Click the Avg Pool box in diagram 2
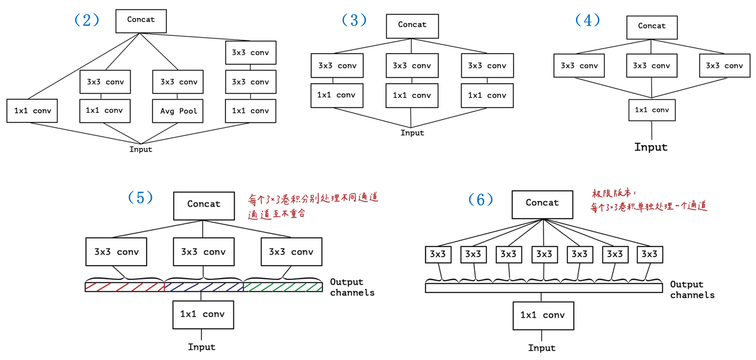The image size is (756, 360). [178, 111]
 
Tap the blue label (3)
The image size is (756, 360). [354, 20]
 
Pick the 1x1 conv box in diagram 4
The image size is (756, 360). [652, 110]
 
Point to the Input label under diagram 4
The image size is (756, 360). [651, 147]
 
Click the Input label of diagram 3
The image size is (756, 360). [412, 133]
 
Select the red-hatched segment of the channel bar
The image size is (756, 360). [125, 287]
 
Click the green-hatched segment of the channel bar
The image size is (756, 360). [283, 287]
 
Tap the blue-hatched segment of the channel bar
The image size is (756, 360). [204, 287]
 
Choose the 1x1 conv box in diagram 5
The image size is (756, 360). [203, 315]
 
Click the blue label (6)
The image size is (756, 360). [480, 199]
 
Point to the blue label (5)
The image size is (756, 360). [140, 198]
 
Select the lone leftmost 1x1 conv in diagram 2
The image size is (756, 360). [32, 111]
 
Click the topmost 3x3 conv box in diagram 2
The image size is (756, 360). [251, 53]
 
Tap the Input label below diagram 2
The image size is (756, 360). [141, 149]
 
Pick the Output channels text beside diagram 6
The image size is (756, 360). [692, 290]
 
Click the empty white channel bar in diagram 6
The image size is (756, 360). [544, 288]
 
